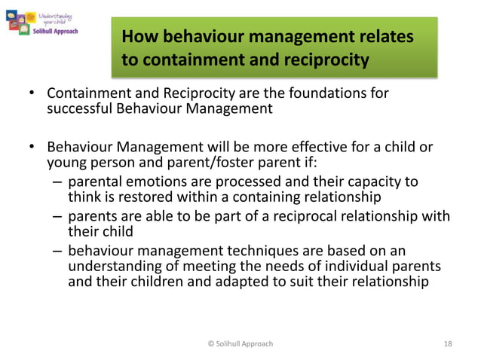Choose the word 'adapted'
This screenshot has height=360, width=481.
pos(228,282)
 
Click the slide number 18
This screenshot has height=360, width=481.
pos(449,344)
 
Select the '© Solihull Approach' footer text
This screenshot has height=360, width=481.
pos(240,344)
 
